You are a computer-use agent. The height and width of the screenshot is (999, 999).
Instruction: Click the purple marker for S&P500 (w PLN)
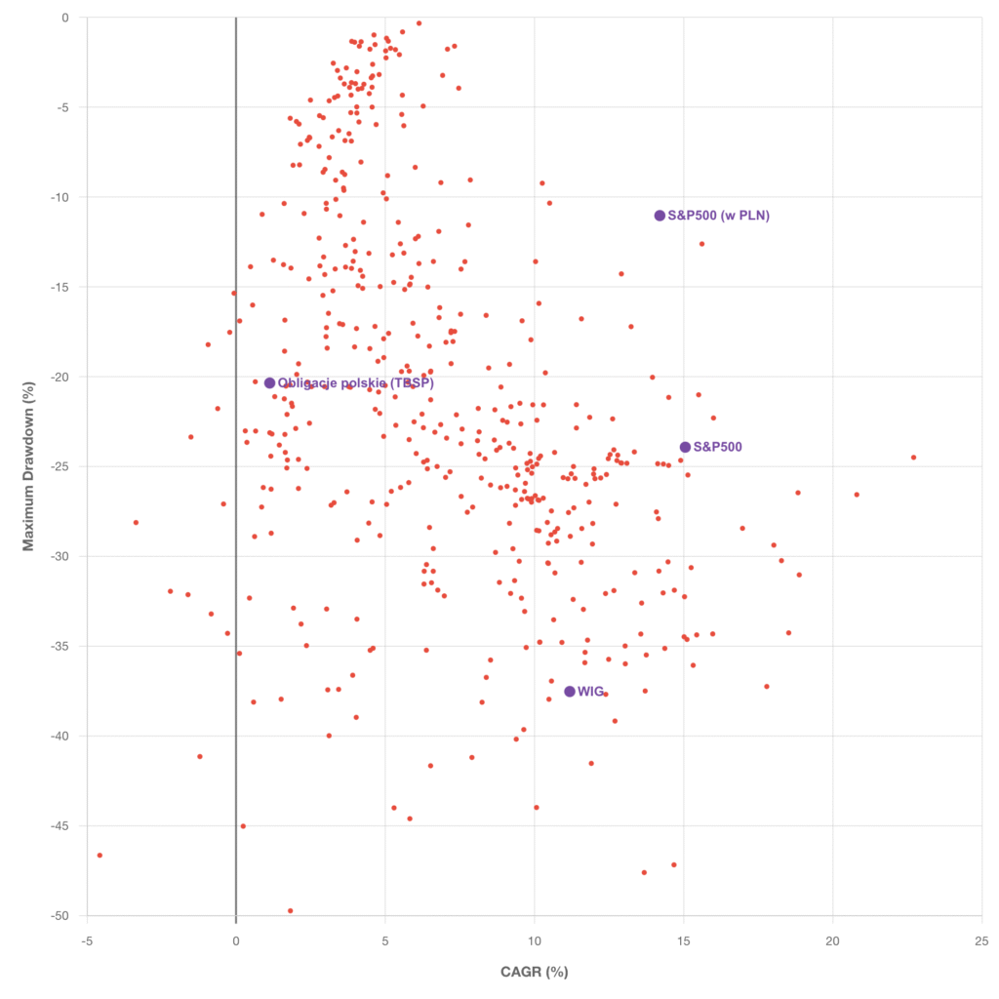point(659,216)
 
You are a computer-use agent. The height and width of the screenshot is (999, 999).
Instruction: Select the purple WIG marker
point(570,692)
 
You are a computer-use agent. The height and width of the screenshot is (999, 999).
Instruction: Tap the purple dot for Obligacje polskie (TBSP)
point(269,383)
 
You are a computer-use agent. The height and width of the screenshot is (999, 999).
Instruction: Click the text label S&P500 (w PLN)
point(719,216)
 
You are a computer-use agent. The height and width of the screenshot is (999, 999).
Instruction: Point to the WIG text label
point(591,692)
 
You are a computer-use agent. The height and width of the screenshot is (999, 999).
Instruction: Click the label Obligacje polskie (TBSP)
point(356,383)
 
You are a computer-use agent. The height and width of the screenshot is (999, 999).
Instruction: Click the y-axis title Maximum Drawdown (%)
point(28,466)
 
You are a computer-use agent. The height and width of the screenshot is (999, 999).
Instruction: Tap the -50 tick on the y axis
point(62,915)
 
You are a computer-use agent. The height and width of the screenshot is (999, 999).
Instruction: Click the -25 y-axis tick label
point(62,466)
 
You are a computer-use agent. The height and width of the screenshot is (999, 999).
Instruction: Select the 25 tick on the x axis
point(981,940)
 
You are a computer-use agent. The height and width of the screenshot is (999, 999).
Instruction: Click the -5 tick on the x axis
point(87,940)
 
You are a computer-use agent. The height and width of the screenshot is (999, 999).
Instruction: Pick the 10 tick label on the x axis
point(535,940)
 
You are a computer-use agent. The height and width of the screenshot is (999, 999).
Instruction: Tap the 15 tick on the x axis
point(684,940)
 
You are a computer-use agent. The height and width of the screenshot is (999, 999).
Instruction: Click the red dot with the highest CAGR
point(914,458)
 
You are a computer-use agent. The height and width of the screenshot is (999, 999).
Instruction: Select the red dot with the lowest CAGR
point(100,856)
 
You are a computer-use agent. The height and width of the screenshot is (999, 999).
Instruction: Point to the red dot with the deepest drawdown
point(291,911)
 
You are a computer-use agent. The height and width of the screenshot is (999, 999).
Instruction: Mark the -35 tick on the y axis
point(62,646)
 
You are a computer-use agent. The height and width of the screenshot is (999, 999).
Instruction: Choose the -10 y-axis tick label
point(62,197)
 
